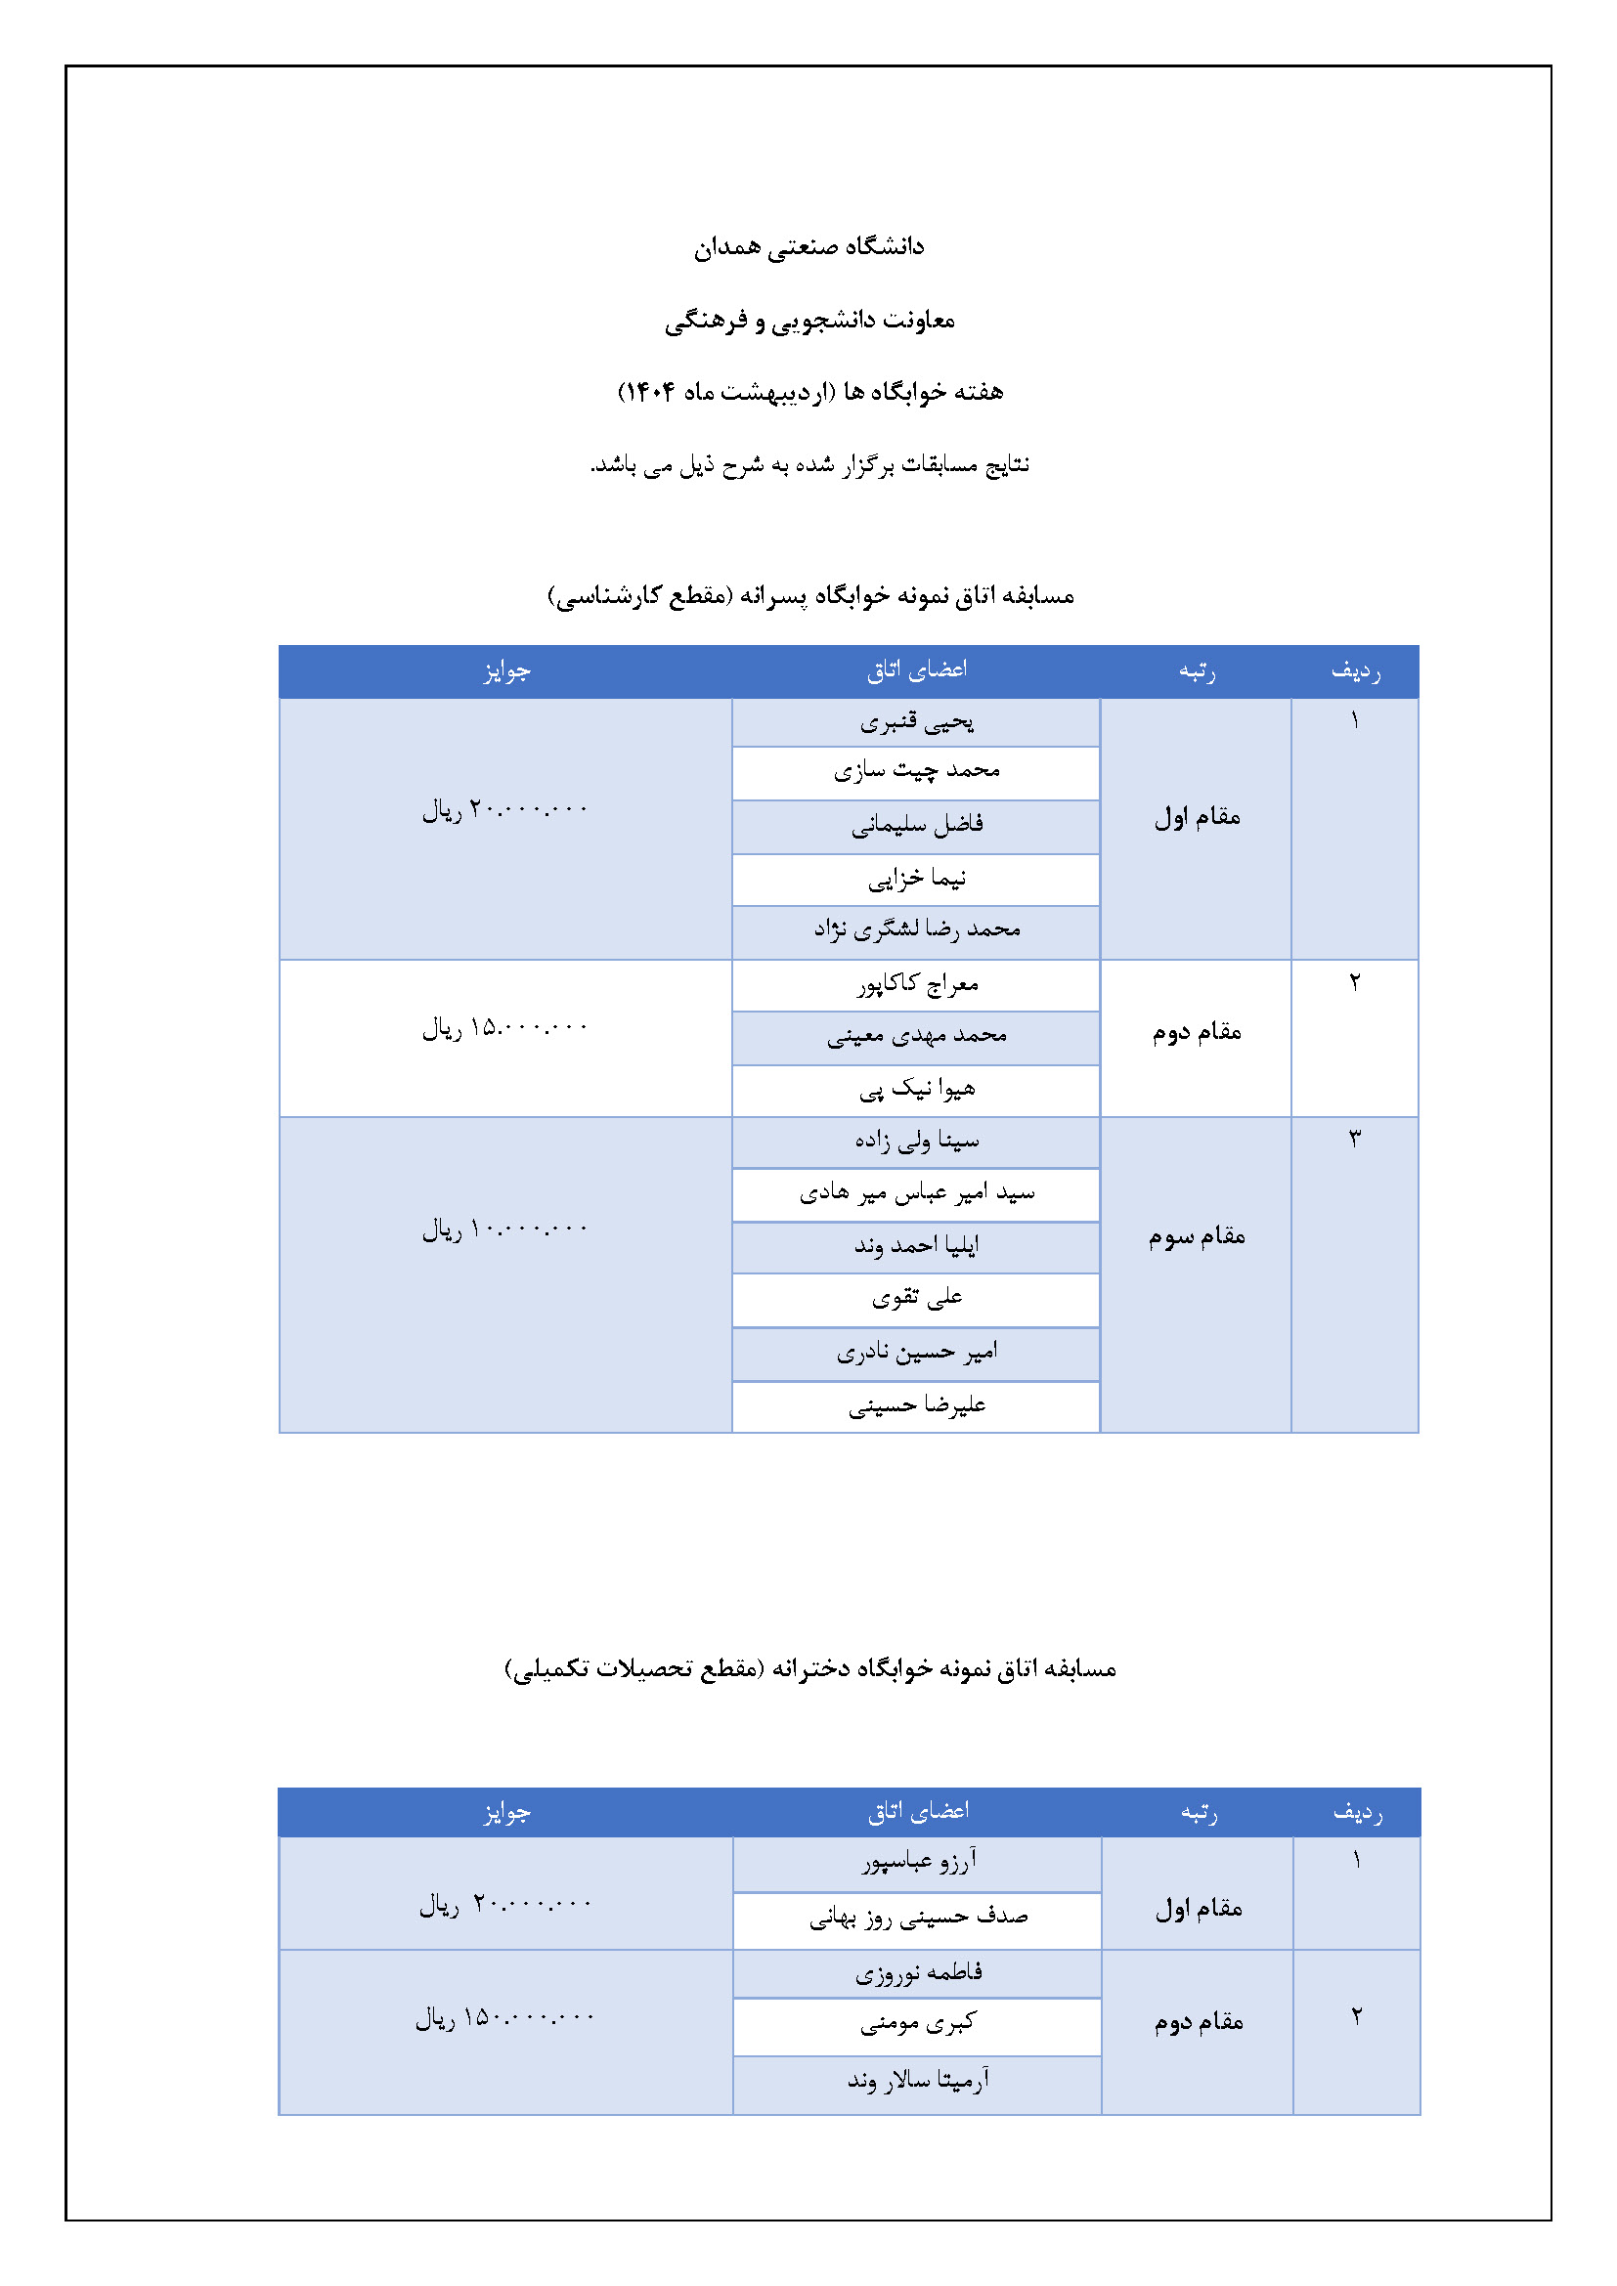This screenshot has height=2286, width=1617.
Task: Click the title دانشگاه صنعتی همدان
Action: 808,246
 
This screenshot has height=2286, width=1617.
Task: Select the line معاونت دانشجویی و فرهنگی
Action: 808,320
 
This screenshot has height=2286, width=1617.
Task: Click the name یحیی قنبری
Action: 916,722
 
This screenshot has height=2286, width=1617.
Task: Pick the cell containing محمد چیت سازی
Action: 916,772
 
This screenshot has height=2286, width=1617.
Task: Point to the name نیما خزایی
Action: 916,880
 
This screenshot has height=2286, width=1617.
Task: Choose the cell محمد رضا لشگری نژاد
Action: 916,929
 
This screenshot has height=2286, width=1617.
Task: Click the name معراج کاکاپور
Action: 916,985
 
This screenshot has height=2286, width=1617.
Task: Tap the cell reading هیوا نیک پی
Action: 916,1089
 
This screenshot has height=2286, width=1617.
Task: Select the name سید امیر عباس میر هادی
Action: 916,1192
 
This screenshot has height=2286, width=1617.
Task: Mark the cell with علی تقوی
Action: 916,1297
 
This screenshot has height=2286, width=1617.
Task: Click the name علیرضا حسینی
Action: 916,1404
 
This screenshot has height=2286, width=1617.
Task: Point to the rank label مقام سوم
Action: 1196,1236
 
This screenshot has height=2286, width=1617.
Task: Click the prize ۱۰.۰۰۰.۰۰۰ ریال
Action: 504,1229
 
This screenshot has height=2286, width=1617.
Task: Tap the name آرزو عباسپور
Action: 918,1860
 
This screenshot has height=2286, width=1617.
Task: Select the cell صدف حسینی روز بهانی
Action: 918,1917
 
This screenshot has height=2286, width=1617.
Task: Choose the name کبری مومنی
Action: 918,2022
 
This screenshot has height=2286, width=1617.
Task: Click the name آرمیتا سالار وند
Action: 918,2080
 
